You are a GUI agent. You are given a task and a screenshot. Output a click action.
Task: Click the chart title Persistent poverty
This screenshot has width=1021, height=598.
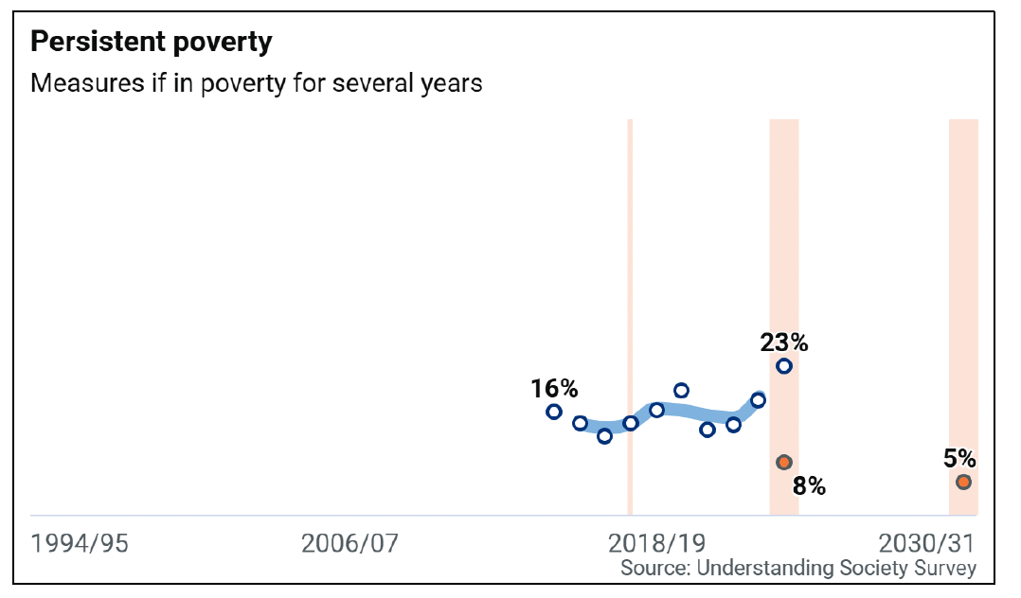pyautogui.click(x=152, y=43)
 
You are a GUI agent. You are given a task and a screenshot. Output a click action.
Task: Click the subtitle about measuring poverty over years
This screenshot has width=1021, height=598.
pyautogui.click(x=257, y=83)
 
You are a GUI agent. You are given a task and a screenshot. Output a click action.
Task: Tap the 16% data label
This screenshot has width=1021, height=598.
pyautogui.click(x=554, y=388)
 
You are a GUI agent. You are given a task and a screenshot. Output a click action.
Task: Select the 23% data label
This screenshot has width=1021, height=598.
pyautogui.click(x=783, y=343)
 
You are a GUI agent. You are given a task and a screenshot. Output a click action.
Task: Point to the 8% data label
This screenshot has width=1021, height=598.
pyautogui.click(x=809, y=487)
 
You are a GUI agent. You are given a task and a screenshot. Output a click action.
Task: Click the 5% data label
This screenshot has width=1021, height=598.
pyautogui.click(x=959, y=459)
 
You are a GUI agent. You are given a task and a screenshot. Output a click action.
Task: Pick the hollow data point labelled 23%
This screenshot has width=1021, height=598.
pyautogui.click(x=784, y=366)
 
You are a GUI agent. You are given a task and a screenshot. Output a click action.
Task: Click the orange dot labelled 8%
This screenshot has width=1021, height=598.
pyautogui.click(x=783, y=462)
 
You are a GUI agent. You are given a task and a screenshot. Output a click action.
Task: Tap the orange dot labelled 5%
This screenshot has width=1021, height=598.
pyautogui.click(x=963, y=482)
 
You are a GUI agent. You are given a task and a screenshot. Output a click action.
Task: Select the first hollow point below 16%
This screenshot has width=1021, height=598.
pyautogui.click(x=554, y=412)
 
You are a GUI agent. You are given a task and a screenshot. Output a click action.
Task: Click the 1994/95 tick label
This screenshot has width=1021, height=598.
pyautogui.click(x=79, y=544)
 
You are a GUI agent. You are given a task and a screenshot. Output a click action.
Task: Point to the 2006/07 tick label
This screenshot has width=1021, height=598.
pyautogui.click(x=349, y=544)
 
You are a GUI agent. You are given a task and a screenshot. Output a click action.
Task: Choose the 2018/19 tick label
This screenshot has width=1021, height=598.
pyautogui.click(x=656, y=544)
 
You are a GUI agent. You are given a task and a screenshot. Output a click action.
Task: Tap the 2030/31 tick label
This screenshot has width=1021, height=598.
pyautogui.click(x=926, y=544)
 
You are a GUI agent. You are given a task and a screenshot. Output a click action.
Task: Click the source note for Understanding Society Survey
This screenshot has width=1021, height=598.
pyautogui.click(x=797, y=568)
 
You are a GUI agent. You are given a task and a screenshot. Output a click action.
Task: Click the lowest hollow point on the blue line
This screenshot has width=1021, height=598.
pyautogui.click(x=604, y=435)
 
